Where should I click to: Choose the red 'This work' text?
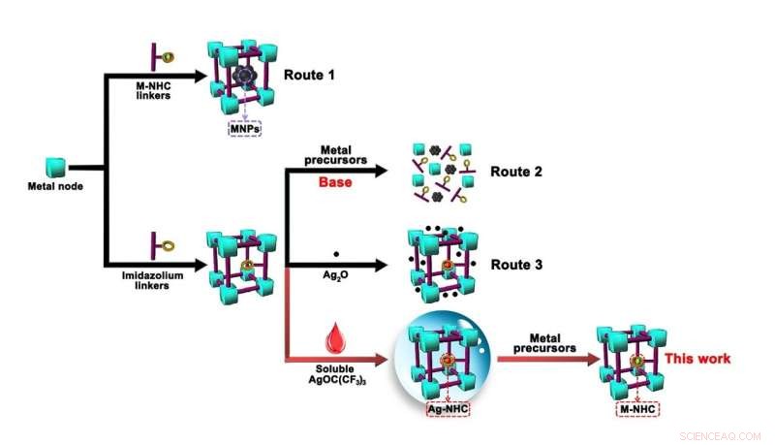point(696,358)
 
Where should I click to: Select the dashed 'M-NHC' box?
point(637,409)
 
